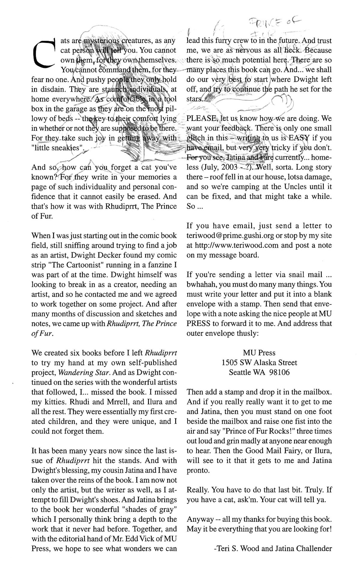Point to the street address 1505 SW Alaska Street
(x=259, y=362)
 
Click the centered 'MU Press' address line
(x=259, y=353)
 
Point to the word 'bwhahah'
(x=200, y=284)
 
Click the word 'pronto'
(x=198, y=470)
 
